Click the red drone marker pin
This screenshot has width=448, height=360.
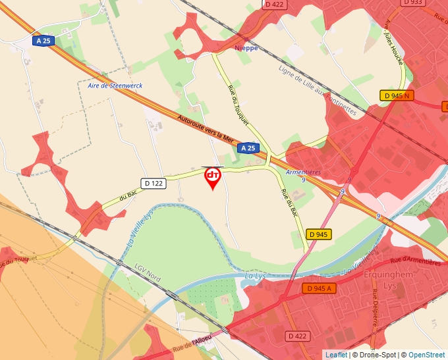(x=213, y=177)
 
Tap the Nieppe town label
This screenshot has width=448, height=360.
(x=246, y=48)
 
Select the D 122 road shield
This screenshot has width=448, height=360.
(x=153, y=183)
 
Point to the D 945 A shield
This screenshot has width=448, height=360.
(x=319, y=288)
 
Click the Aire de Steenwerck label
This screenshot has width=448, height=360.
(x=115, y=86)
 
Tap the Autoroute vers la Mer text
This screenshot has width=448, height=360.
(x=206, y=130)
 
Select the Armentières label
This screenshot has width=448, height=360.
(x=304, y=172)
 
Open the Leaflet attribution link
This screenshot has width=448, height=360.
(x=336, y=355)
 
